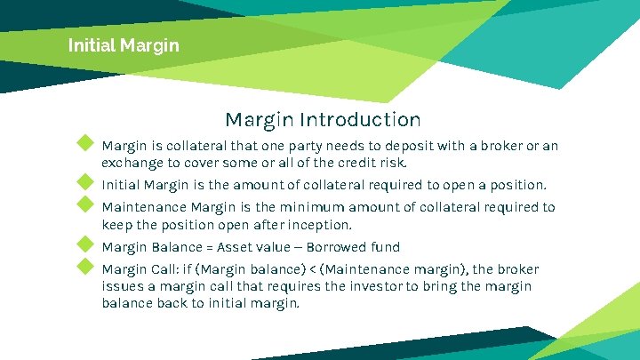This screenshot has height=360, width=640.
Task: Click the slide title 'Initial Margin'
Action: tap(124, 44)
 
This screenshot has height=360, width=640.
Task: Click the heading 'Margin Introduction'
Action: tap(323, 119)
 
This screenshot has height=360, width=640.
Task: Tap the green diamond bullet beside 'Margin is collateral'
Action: tap(85, 142)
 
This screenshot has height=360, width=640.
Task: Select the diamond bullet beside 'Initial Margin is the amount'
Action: tap(85, 182)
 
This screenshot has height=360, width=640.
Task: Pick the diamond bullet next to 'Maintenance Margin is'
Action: tap(85, 204)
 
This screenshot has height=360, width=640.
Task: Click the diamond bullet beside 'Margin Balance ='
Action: tap(85, 244)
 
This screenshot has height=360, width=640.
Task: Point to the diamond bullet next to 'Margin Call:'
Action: tap(85, 266)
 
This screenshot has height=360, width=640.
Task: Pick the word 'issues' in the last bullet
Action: tap(123, 286)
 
